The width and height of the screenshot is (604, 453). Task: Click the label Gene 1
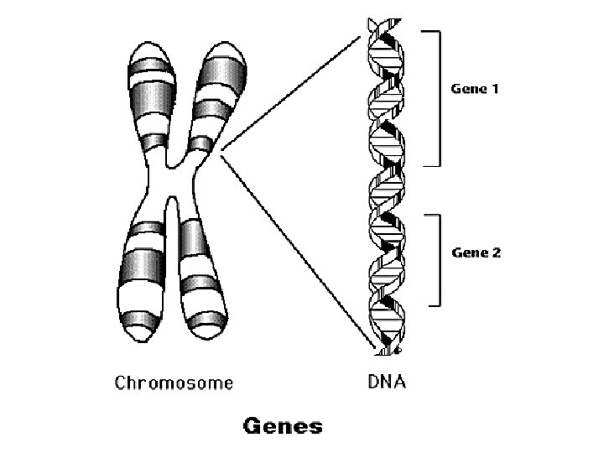[x=476, y=88]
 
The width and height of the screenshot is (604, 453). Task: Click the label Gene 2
[x=476, y=252]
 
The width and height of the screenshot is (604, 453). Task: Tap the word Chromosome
[x=173, y=383]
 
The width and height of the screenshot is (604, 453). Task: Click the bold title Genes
[x=283, y=426]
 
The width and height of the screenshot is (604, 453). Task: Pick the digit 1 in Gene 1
[x=495, y=88]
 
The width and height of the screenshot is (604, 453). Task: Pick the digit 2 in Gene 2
[x=496, y=252]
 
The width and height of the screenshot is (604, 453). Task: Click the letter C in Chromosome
[x=119, y=383]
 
